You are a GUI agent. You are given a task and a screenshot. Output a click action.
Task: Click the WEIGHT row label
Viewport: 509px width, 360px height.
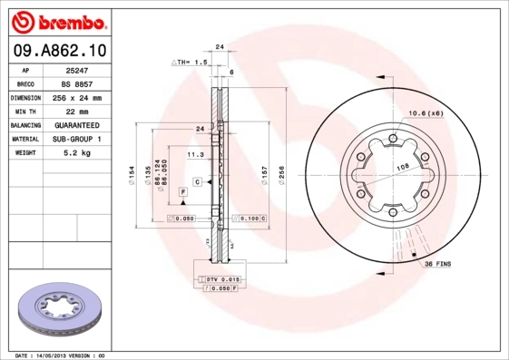[25, 153]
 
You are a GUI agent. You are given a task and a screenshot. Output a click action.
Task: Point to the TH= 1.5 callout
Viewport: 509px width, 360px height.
[191, 62]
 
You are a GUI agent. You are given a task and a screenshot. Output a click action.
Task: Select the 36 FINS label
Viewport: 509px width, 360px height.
[438, 263]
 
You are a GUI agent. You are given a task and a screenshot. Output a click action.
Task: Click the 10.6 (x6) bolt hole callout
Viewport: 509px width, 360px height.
[425, 112]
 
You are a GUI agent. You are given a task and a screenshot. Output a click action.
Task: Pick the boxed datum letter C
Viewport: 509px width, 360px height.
[196, 182]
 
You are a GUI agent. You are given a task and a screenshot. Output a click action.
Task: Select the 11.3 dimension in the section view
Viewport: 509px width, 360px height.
[193, 155]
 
